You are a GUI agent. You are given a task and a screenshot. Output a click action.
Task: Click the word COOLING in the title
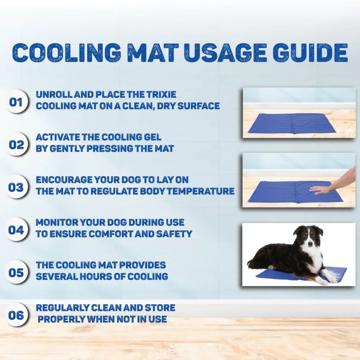pos(67,53)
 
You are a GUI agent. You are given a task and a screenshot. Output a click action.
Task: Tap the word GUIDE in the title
pos(310,53)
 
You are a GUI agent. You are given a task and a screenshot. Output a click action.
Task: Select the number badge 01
pos(16,102)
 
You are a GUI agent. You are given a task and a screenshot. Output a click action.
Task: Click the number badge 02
pos(16,145)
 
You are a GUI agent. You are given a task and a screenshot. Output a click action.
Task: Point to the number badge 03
pos(16,187)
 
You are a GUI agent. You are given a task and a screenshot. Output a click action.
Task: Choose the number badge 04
pos(16,229)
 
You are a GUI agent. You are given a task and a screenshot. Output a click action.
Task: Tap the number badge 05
pos(16,272)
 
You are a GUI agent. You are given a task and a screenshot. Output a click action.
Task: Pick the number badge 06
pos(16,315)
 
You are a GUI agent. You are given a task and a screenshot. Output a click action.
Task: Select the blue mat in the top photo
pos(292,123)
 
